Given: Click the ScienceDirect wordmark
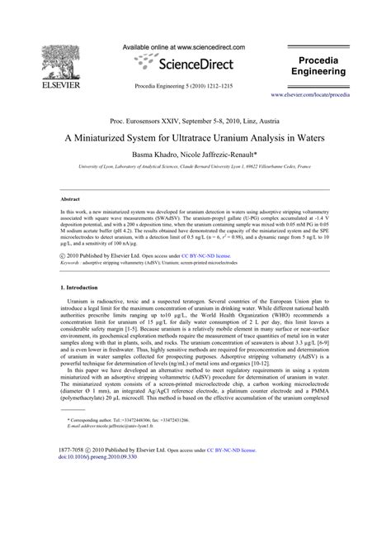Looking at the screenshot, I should tap(195, 64).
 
